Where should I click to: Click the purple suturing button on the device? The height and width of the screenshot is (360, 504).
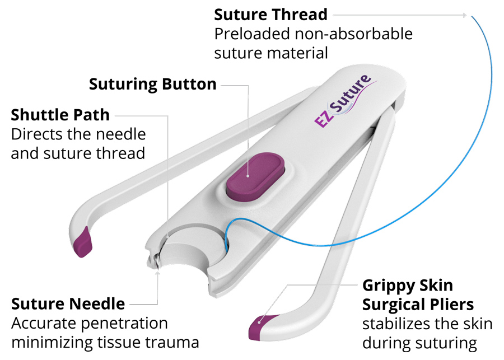[x=255, y=176]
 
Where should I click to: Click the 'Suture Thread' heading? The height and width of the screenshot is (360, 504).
[x=270, y=15]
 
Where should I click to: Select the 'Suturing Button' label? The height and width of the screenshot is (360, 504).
[x=153, y=84]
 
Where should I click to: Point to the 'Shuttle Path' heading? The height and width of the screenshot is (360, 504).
[x=60, y=115]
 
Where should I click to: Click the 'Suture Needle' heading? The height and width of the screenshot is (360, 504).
[x=68, y=304]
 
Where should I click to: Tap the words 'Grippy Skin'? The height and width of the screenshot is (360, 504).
[x=408, y=286]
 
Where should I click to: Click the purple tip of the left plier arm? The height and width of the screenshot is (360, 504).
[x=83, y=242]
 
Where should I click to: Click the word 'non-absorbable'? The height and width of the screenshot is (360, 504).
[x=353, y=34]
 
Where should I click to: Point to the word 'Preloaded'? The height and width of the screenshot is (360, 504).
[x=252, y=34]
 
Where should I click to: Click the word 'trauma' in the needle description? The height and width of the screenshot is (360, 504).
[x=172, y=343]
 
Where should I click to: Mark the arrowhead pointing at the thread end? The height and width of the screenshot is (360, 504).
[x=464, y=15]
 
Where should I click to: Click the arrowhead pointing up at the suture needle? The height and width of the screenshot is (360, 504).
[x=157, y=273]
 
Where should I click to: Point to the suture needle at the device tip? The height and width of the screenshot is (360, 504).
[x=156, y=261]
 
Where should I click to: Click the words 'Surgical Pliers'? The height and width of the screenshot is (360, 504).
[x=418, y=305]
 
